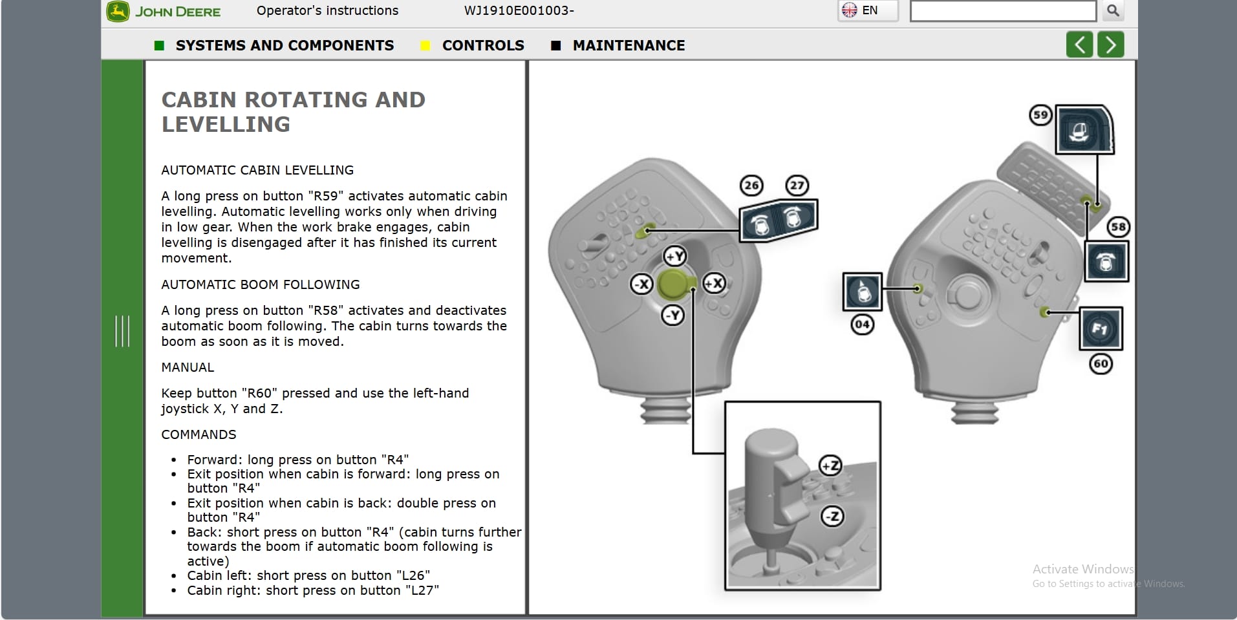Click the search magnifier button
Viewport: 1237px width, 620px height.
[x=1113, y=10]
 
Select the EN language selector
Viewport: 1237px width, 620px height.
[x=868, y=10]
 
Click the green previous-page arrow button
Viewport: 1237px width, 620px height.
[x=1079, y=45]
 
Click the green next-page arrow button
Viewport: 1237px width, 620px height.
[x=1110, y=45]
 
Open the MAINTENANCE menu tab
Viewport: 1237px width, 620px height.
[x=628, y=45]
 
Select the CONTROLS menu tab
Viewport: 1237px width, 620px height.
[x=482, y=45]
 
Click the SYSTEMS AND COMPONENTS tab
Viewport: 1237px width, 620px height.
[x=284, y=45]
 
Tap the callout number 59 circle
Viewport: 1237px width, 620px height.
[x=1040, y=116]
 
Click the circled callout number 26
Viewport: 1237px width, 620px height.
[x=751, y=186]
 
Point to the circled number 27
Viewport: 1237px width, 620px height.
[x=797, y=186]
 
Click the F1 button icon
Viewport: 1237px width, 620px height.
[x=1101, y=329]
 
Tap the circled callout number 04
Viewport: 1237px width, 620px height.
[x=862, y=324]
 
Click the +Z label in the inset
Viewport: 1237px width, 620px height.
[x=830, y=465]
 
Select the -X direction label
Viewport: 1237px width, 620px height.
[x=641, y=284]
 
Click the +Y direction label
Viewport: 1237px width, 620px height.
[x=675, y=256]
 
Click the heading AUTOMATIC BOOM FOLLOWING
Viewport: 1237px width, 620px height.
[x=260, y=284]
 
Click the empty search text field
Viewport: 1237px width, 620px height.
[x=1002, y=11]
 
